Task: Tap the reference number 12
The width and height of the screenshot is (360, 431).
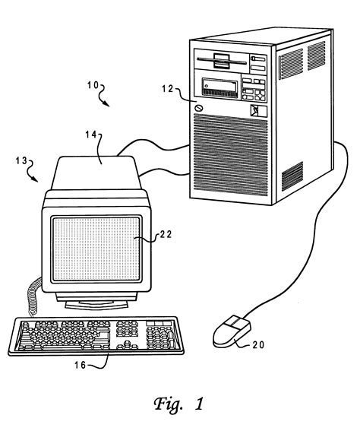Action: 170,90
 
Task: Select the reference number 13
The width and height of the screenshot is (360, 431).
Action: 21,161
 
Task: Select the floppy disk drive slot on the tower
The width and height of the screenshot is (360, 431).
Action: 217,62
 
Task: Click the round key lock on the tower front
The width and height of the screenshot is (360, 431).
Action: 199,109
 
